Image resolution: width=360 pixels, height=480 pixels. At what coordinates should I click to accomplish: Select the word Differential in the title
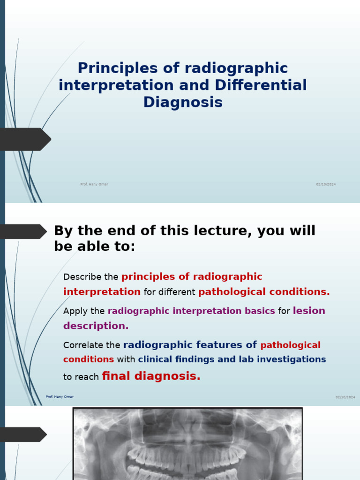pyautogui.click(x=261, y=85)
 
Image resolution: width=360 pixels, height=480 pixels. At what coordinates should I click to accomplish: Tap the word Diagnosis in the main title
pyautogui.click(x=183, y=102)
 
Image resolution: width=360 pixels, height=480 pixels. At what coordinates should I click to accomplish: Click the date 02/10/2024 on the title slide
pyautogui.click(x=326, y=184)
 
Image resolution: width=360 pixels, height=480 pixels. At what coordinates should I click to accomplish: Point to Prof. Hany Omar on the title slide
pyautogui.click(x=94, y=184)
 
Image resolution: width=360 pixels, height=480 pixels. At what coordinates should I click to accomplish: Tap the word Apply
pyautogui.click(x=75, y=311)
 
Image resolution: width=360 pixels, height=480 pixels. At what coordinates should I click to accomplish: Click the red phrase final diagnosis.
pyautogui.click(x=151, y=376)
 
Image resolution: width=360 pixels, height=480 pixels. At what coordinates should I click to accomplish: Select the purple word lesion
pyautogui.click(x=309, y=311)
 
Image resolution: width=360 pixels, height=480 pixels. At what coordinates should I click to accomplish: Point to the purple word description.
pyautogui.click(x=96, y=326)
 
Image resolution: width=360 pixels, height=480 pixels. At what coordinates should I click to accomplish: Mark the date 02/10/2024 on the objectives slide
pyautogui.click(x=345, y=397)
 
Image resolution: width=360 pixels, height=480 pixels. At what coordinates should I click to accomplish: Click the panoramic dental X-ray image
pyautogui.click(x=187, y=445)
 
